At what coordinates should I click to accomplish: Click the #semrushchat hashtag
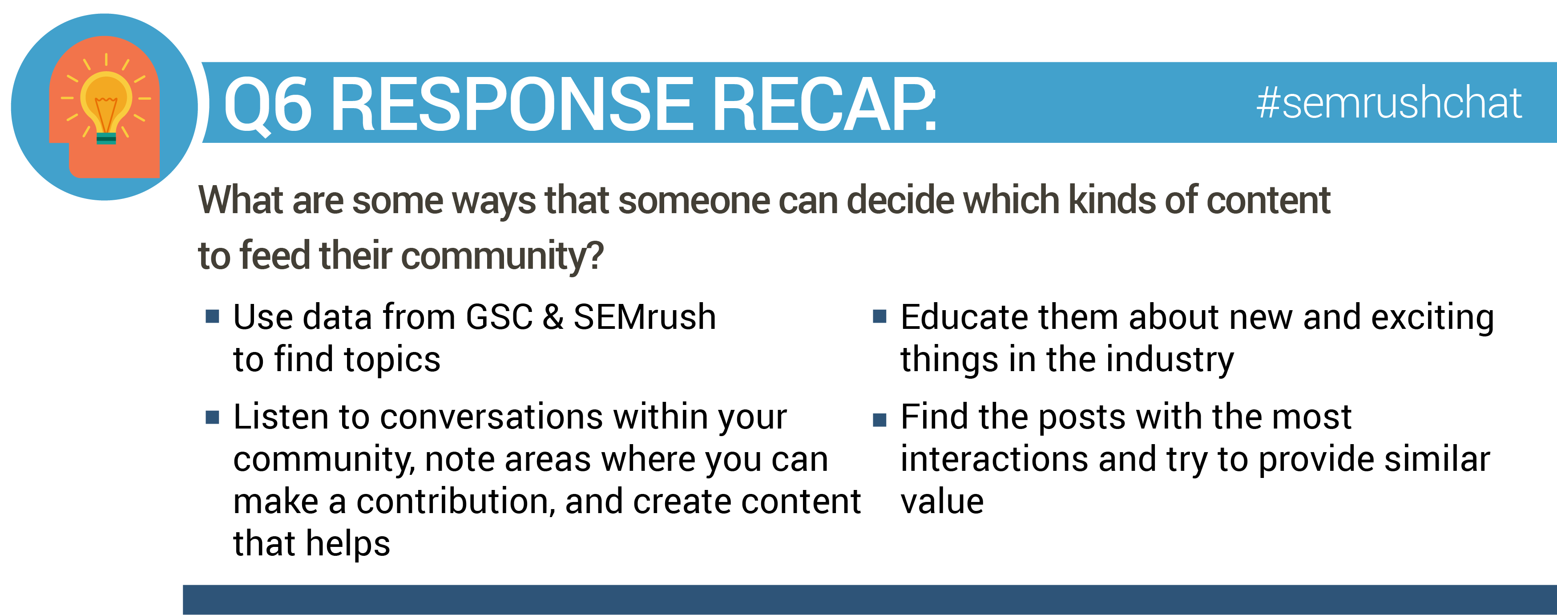[x=1388, y=103]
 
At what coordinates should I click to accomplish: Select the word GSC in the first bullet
[x=499, y=317]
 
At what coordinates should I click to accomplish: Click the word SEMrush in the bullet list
[x=644, y=317]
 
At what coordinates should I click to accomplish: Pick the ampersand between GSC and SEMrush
[x=553, y=317]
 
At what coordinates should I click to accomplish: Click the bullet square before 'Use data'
[x=212, y=316]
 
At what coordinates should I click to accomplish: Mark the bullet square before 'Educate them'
[x=879, y=316]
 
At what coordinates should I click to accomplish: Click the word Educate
[x=964, y=317]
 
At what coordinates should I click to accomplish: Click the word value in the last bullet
[x=942, y=502]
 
